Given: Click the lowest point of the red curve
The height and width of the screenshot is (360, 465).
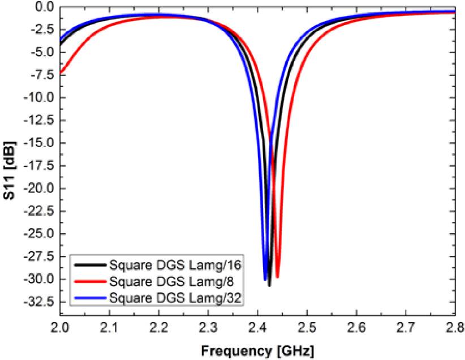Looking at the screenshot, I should click(x=277, y=277).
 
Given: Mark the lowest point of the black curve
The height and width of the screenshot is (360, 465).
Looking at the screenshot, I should click(x=269, y=285).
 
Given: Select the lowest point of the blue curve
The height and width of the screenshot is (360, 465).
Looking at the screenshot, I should click(x=265, y=280).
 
